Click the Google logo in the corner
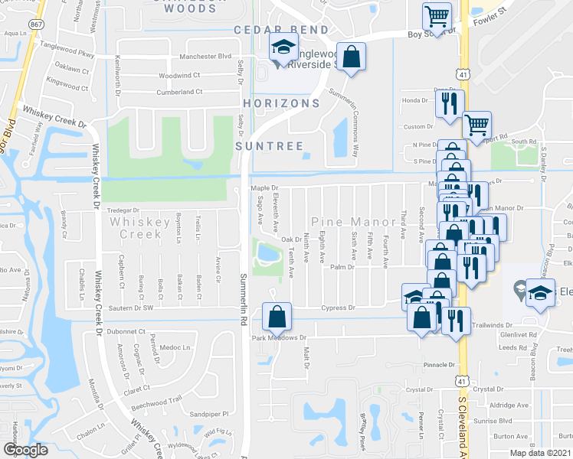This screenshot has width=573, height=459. tap(26, 450)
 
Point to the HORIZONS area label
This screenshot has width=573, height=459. tap(281, 103)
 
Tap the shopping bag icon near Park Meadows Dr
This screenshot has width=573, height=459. tap(277, 315)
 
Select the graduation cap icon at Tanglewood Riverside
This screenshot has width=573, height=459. tap(283, 47)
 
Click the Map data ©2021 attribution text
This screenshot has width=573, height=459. tap(541, 454)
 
